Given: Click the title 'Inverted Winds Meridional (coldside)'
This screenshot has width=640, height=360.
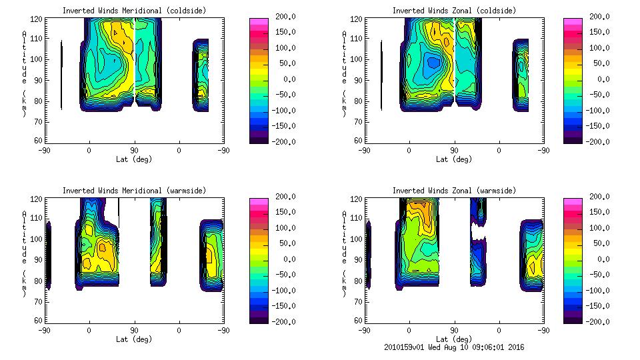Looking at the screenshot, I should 135,10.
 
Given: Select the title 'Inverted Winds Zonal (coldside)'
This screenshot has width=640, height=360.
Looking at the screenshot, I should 454,10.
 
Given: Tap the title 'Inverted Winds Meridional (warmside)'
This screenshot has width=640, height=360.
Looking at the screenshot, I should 135,190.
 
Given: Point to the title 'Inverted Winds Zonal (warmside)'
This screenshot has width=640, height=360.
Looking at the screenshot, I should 454,190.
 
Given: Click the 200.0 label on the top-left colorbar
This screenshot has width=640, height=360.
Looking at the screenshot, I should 284,17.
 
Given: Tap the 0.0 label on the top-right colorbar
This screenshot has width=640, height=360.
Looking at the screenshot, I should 603,79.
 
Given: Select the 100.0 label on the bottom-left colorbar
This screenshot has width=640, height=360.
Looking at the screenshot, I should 284,227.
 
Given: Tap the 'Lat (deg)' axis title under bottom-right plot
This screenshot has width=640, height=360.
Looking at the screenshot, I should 454,339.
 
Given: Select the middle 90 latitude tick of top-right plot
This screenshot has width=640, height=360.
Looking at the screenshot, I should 454,151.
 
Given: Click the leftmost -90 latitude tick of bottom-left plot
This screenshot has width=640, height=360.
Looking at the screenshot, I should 44,330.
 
